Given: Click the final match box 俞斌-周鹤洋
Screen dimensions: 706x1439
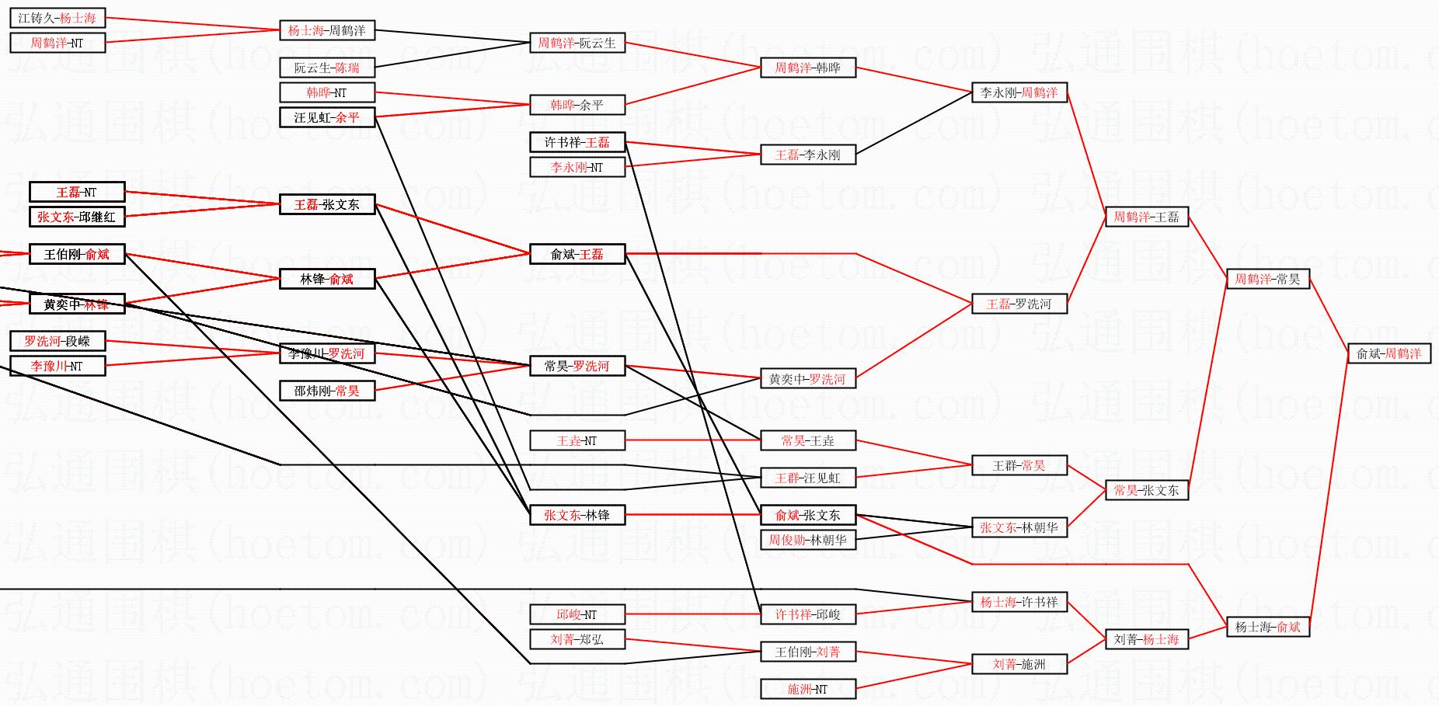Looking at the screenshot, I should [x=1388, y=353].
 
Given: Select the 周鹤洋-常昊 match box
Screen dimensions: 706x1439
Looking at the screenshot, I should [x=1267, y=279].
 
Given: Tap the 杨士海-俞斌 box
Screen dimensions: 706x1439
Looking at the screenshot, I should [x=1267, y=627].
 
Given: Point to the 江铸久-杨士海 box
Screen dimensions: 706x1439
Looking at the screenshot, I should [x=57, y=18].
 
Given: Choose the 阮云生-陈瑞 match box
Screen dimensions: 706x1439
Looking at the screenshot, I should [x=326, y=68].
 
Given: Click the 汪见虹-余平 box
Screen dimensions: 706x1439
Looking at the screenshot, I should [x=326, y=117].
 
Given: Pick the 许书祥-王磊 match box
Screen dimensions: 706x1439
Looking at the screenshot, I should [x=577, y=142].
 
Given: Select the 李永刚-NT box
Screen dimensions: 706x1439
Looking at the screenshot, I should [x=577, y=167].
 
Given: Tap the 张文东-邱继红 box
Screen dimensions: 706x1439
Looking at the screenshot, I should [x=76, y=217].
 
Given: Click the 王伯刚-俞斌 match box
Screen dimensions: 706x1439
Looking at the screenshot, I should [x=76, y=254].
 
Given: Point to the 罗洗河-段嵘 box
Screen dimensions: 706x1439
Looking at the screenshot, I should [x=57, y=341].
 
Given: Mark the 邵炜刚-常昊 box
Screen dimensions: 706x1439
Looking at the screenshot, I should [x=326, y=391].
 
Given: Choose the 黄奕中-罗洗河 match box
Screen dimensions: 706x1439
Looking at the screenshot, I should [x=807, y=379].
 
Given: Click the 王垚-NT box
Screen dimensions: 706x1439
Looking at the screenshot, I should [x=577, y=440].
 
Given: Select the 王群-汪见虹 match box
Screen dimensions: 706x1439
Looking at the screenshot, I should [x=807, y=478].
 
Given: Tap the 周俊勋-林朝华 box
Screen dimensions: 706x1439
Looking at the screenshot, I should [x=807, y=540].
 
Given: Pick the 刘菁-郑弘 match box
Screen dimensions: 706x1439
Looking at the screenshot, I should [x=577, y=639].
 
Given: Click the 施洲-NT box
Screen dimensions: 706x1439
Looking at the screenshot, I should [x=807, y=689].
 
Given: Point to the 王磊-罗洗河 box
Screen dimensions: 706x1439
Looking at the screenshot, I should [x=1019, y=304].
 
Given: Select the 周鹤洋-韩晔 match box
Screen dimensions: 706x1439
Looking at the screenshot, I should [x=807, y=68].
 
